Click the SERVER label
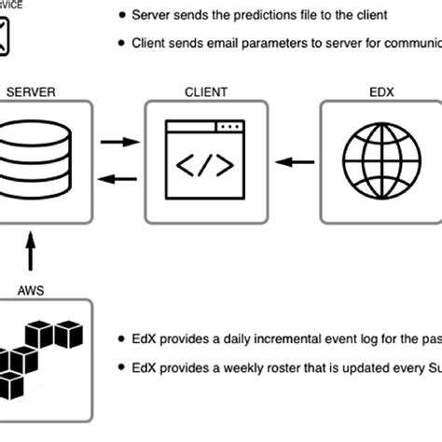(x=31, y=91)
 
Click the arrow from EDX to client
(x=297, y=162)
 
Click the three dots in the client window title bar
(x=228, y=127)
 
